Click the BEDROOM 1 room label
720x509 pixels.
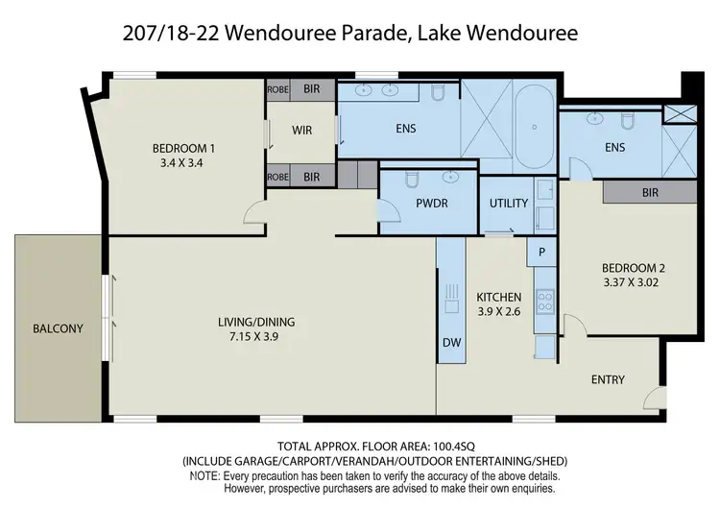point(183,148)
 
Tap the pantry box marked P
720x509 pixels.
point(541,251)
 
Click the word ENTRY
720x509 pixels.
point(608,379)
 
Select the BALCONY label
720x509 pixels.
point(58,328)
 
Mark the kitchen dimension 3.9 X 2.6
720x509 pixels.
point(499,312)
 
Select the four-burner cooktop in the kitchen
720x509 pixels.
point(544,301)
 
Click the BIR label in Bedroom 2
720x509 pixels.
point(650,192)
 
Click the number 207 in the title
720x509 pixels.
point(143,35)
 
